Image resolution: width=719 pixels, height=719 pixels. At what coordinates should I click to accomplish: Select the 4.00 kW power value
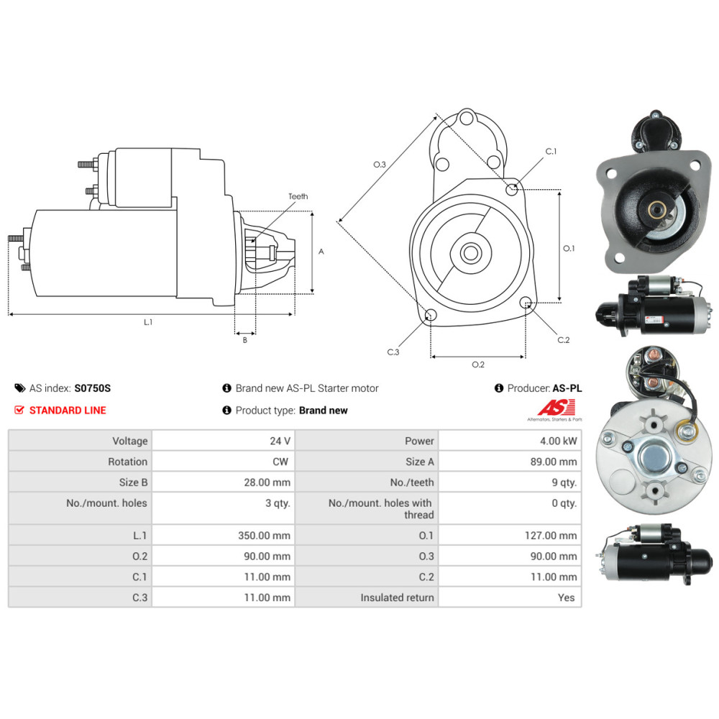(x=560, y=441)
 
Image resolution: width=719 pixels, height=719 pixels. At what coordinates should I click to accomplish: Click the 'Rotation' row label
(x=127, y=462)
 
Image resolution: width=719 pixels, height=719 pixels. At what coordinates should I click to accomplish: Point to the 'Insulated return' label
(x=397, y=597)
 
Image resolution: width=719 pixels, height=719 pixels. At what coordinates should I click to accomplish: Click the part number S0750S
(x=93, y=388)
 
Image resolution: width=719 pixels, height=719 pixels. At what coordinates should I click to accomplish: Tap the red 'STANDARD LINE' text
(x=67, y=410)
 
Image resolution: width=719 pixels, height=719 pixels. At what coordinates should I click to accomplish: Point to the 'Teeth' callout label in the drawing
(x=298, y=196)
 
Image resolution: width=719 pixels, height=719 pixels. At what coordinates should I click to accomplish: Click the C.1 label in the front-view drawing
(x=551, y=152)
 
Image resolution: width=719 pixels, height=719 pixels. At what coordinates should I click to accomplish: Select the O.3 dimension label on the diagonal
(x=380, y=165)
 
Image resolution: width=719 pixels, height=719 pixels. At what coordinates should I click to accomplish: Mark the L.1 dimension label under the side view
(x=148, y=322)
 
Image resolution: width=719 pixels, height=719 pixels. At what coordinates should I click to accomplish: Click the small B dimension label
(x=244, y=340)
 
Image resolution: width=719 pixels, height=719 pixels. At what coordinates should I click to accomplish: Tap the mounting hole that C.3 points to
(x=431, y=316)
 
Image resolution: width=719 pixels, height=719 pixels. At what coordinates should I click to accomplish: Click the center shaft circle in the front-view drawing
(x=472, y=252)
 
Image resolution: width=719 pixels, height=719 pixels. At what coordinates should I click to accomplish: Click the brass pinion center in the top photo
(x=656, y=210)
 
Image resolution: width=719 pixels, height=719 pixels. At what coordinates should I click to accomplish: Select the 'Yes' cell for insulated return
(x=566, y=597)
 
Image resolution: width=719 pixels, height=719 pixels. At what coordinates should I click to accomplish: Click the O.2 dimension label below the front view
(x=478, y=365)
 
